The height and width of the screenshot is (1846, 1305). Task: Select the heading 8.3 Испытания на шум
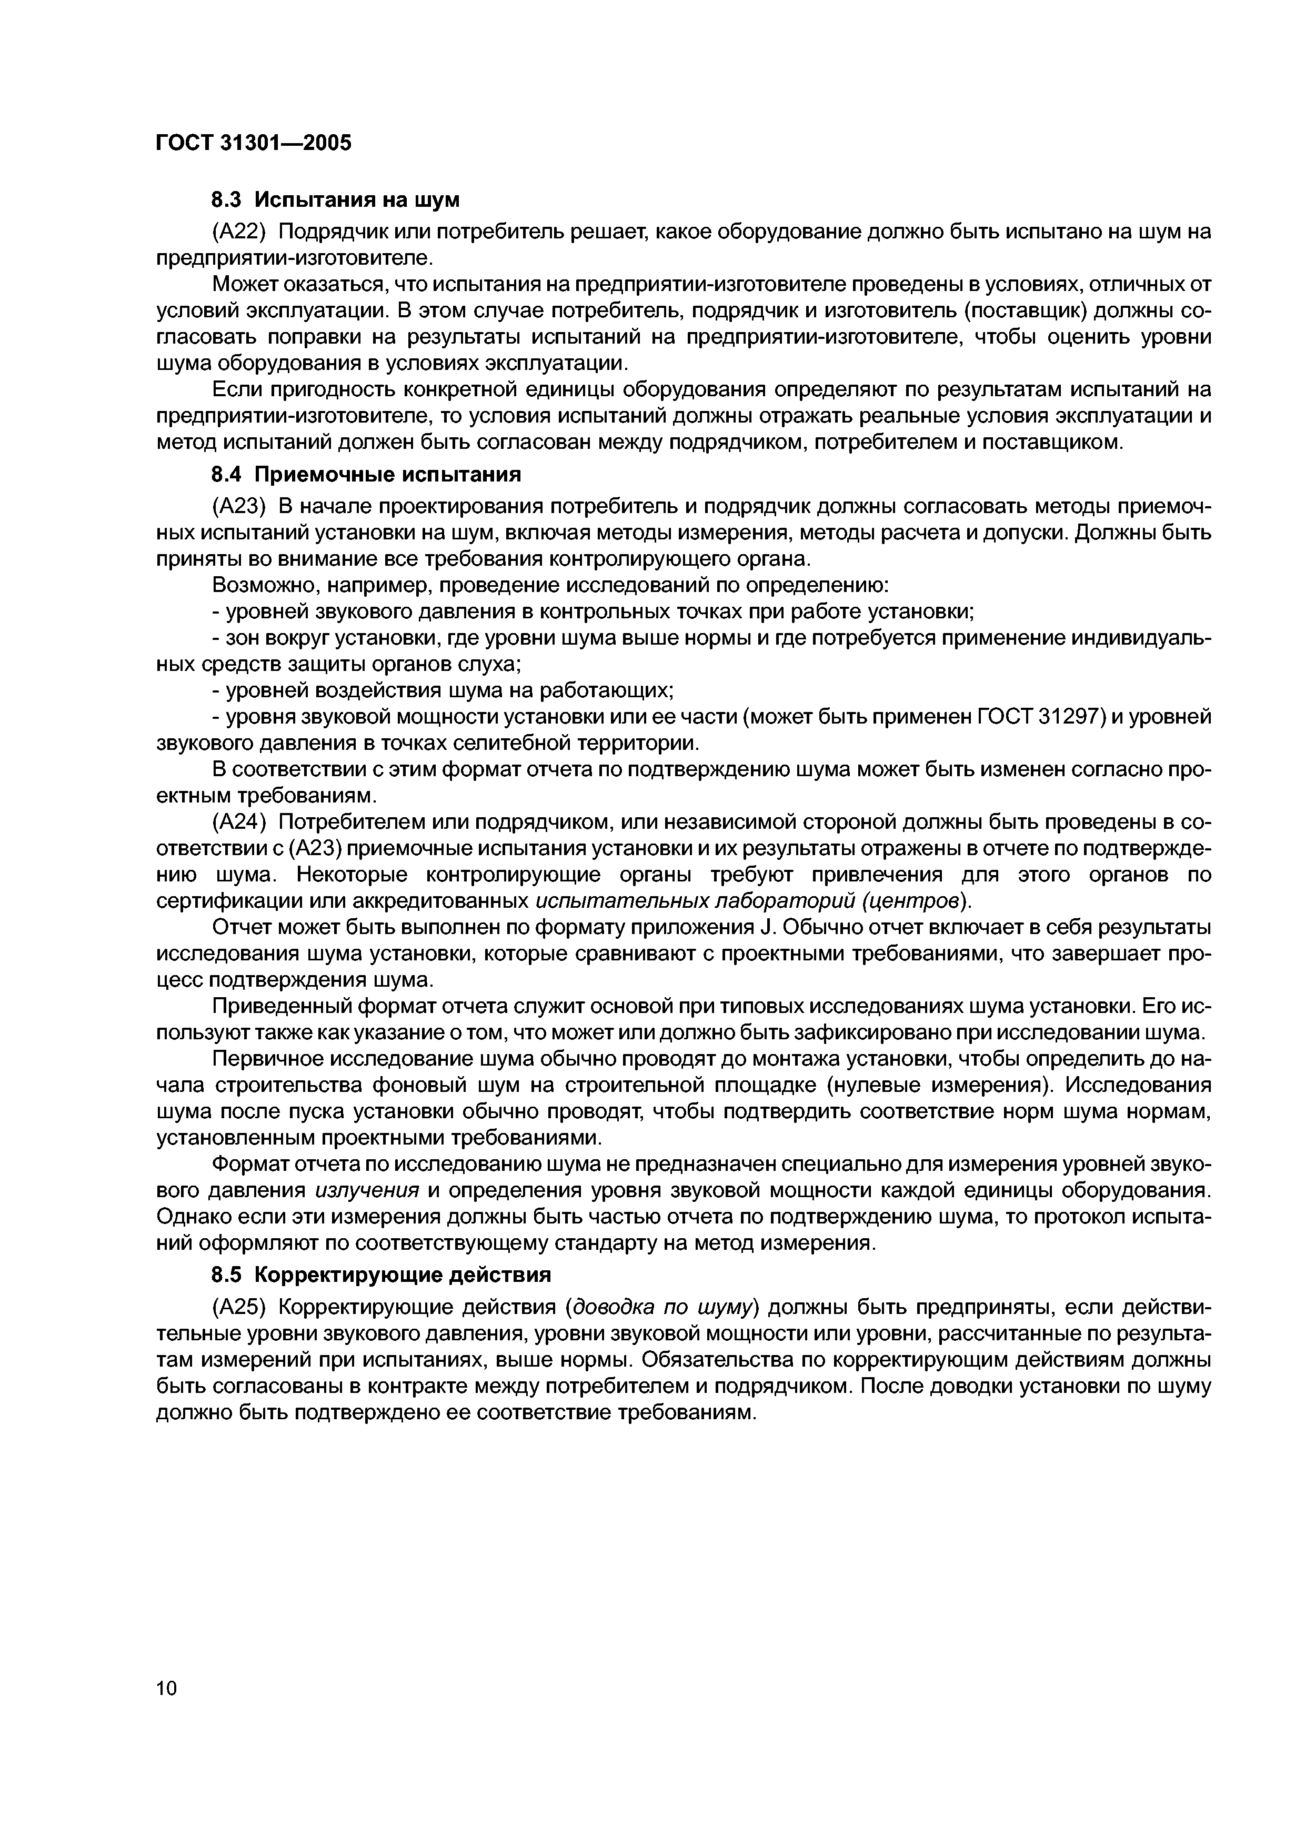335,199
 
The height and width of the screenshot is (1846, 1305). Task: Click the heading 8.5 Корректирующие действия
381,1275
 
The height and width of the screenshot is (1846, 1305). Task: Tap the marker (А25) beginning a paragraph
239,1307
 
